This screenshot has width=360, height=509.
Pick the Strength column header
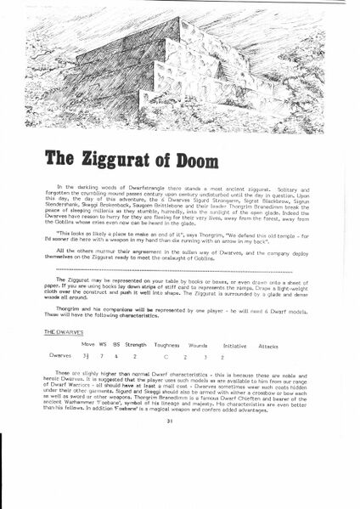click(x=137, y=345)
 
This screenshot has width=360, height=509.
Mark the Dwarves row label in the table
click(x=63, y=359)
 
